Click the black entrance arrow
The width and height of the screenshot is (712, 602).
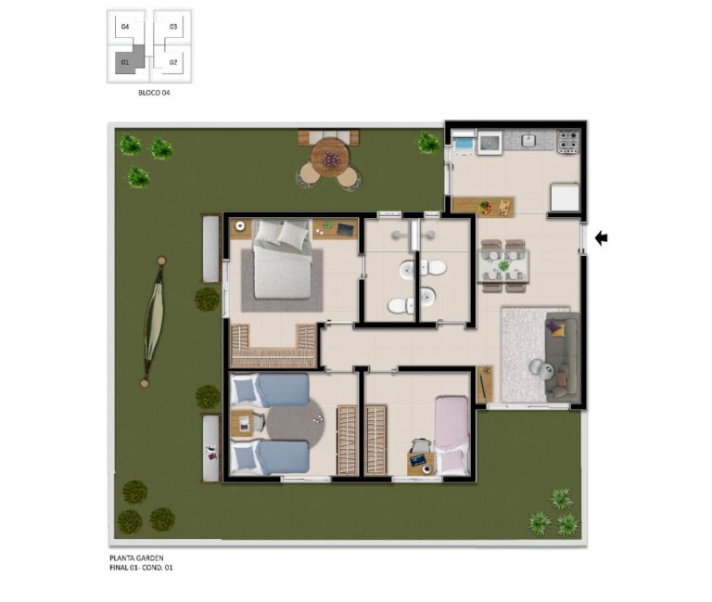click(x=601, y=237)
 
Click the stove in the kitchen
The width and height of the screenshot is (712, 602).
click(x=568, y=140)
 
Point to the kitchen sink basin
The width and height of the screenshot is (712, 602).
click(x=528, y=140)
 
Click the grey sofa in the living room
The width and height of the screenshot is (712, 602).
click(x=563, y=357)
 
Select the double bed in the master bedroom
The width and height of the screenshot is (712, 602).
click(x=283, y=259)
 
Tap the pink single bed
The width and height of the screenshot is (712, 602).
click(x=451, y=435)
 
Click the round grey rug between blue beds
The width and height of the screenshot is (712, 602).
click(x=294, y=425)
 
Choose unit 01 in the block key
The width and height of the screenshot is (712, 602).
click(x=125, y=62)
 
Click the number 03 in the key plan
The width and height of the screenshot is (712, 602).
click(x=173, y=26)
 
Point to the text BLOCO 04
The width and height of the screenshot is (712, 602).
click(x=154, y=93)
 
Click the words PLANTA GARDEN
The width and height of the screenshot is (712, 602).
click(x=136, y=557)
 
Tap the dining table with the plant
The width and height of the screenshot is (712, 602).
click(x=503, y=265)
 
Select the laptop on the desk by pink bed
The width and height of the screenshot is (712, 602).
click(x=418, y=460)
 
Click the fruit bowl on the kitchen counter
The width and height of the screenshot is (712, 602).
click(x=485, y=207)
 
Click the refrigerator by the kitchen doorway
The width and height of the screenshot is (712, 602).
click(x=566, y=197)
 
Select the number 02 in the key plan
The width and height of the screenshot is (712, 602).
click(x=173, y=62)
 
